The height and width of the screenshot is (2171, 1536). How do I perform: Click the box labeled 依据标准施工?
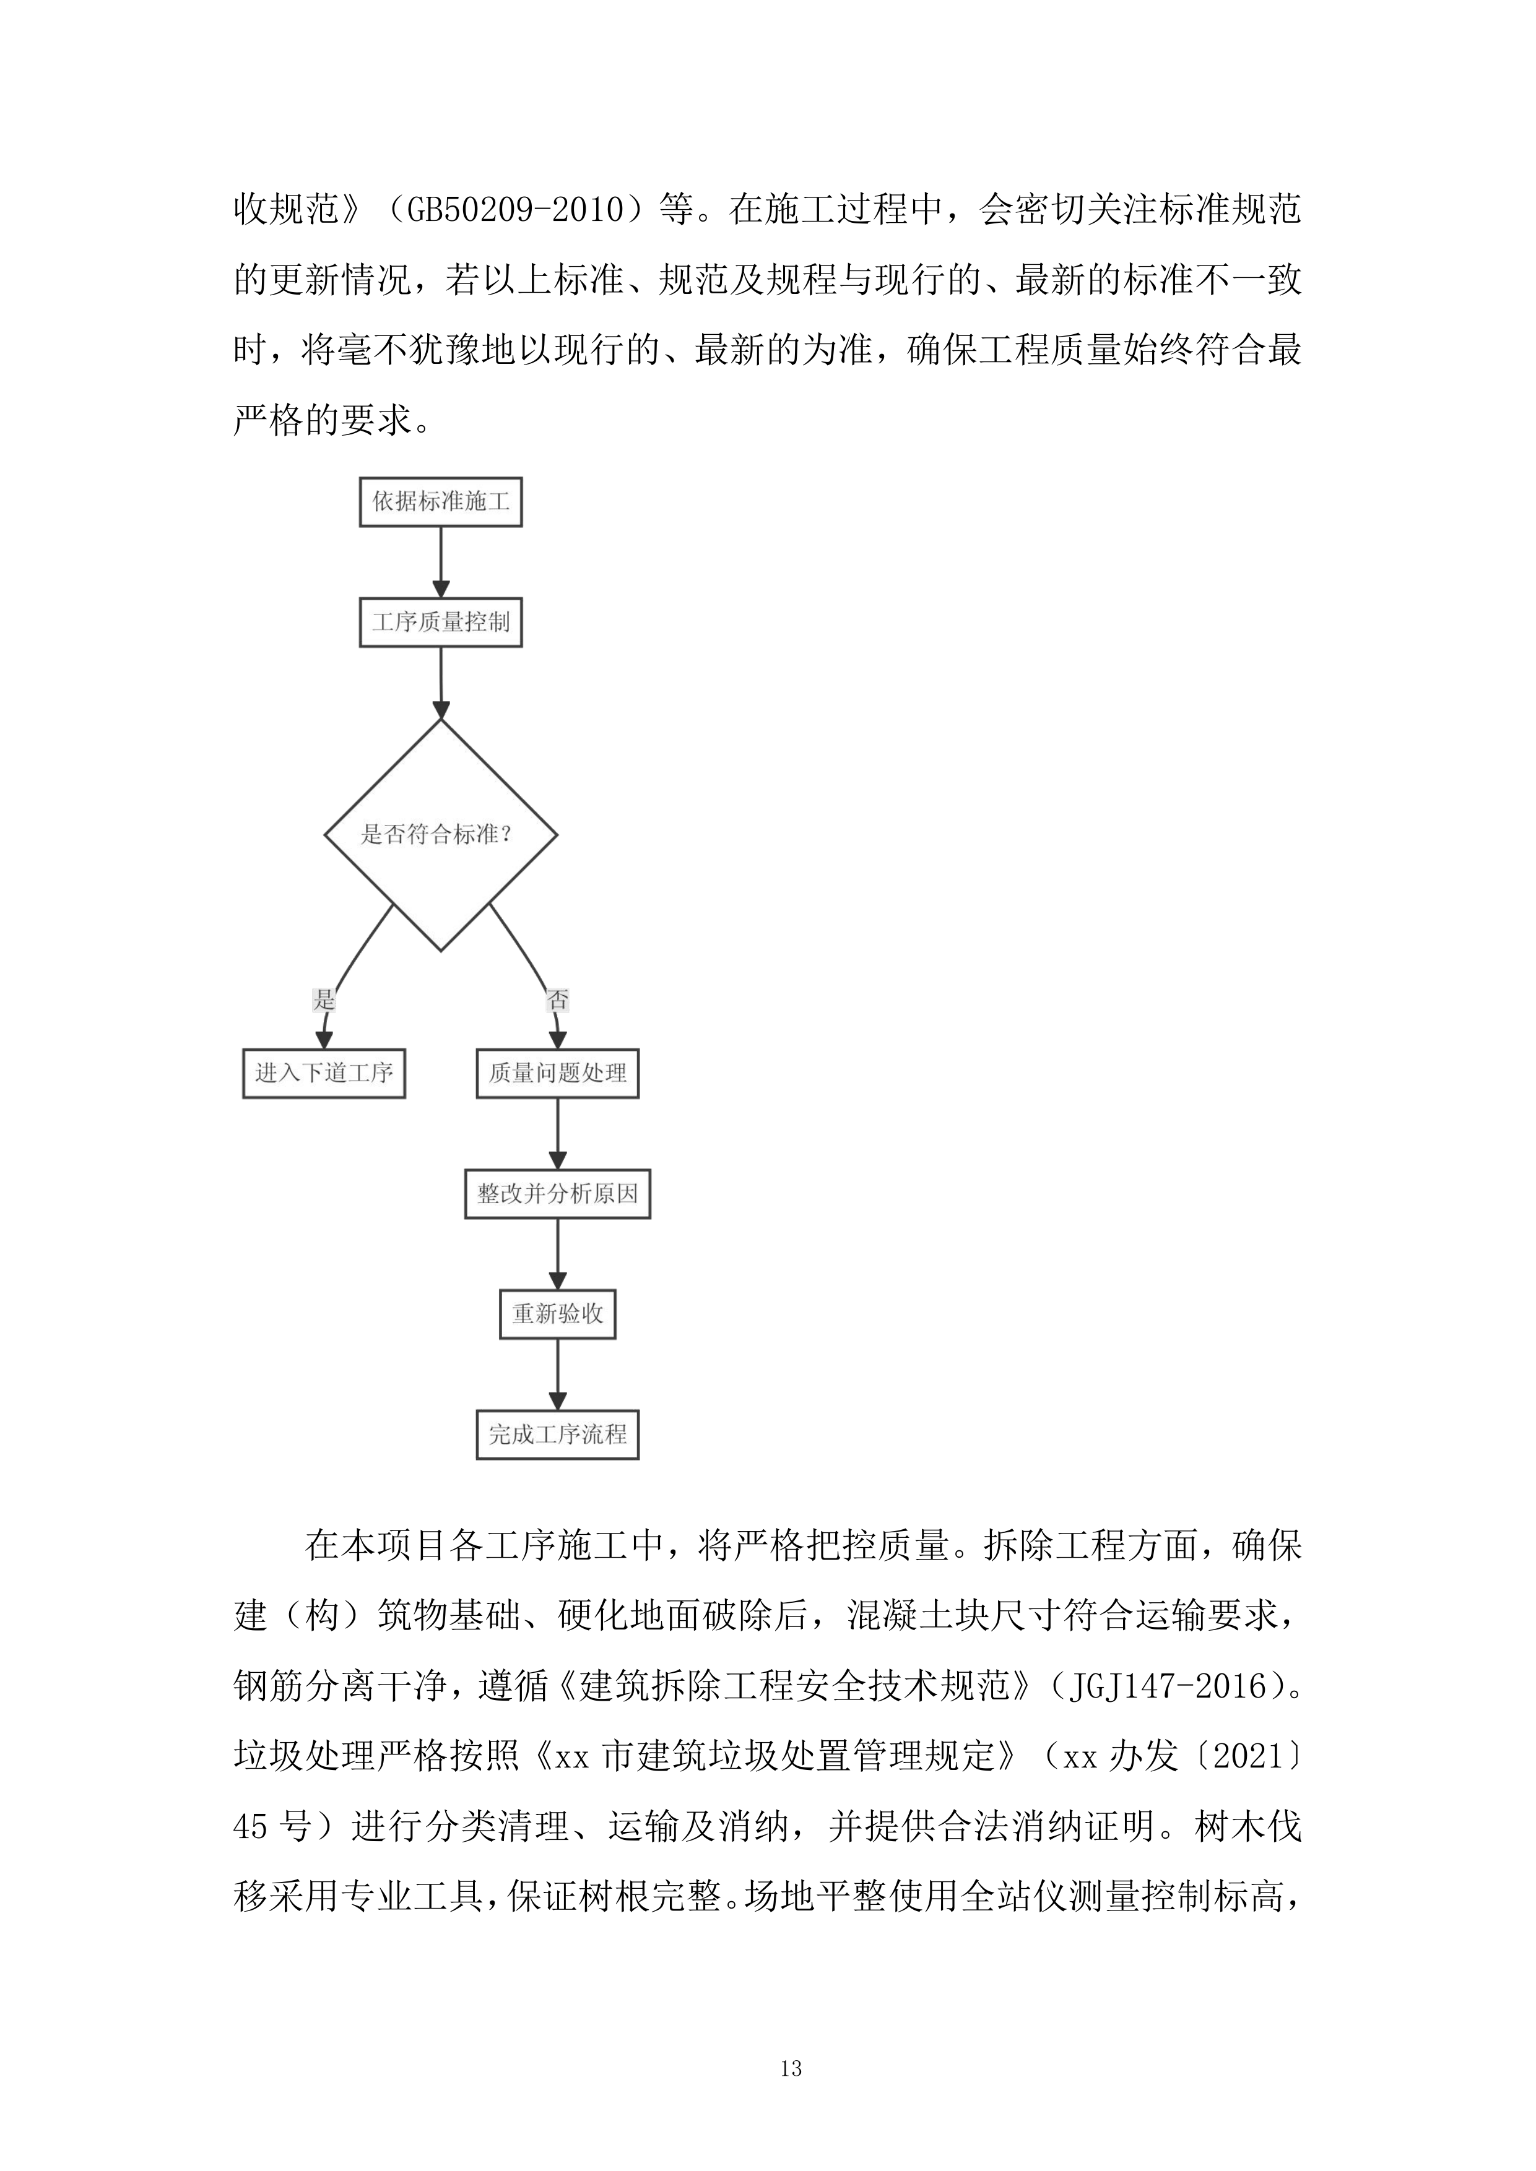coord(441,502)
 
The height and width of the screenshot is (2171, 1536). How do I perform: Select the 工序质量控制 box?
coord(441,622)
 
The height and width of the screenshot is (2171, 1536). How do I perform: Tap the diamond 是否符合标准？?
coord(441,835)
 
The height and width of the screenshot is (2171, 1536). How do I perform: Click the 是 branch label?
coord(323,1000)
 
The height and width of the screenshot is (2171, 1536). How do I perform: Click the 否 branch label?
coord(558,1000)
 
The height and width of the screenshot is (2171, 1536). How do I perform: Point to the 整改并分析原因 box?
coord(558,1194)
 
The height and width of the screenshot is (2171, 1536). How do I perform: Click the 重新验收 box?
coord(558,1314)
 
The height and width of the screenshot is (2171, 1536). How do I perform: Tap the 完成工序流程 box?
coord(558,1435)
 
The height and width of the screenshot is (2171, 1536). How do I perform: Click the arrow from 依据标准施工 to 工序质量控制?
coord(441,562)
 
